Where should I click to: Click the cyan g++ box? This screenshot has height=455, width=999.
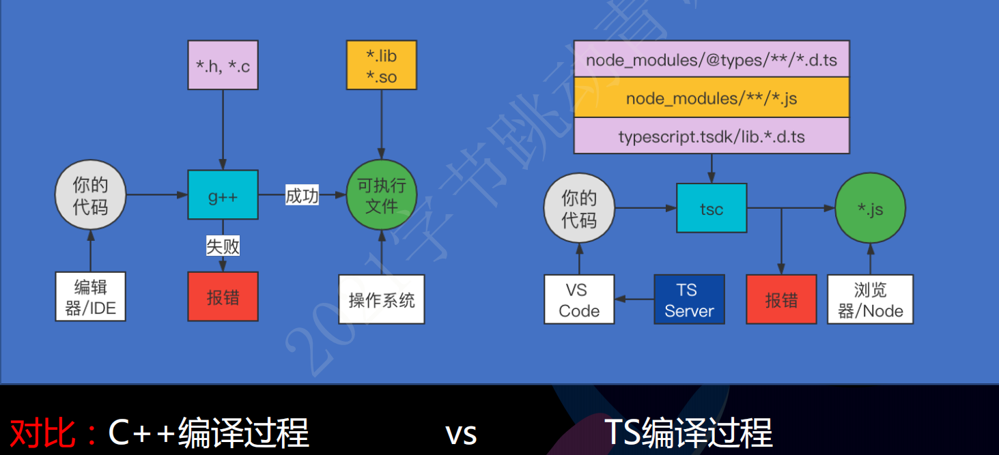(223, 195)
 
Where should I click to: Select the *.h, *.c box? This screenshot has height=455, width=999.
(223, 65)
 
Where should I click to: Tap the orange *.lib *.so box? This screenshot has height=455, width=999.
(381, 65)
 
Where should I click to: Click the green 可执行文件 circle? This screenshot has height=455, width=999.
(381, 195)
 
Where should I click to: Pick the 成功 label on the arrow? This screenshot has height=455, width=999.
(302, 196)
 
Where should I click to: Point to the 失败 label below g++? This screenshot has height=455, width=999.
(223, 246)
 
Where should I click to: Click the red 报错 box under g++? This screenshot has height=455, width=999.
(223, 297)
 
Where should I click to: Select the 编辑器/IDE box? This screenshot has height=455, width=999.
(91, 297)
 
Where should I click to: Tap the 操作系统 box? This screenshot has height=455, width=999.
(382, 299)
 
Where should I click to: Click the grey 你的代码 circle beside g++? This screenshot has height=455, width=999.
(91, 195)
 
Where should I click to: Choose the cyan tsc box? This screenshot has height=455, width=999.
(712, 208)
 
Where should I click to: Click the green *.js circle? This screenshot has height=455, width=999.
(870, 209)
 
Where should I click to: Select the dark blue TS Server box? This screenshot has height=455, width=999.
(689, 299)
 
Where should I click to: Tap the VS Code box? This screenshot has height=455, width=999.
(579, 299)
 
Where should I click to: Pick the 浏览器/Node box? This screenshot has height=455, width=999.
(870, 299)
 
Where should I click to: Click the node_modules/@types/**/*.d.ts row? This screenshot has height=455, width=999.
(712, 59)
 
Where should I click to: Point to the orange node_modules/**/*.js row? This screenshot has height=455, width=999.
(712, 98)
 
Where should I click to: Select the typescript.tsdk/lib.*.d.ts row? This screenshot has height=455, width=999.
(712, 136)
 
